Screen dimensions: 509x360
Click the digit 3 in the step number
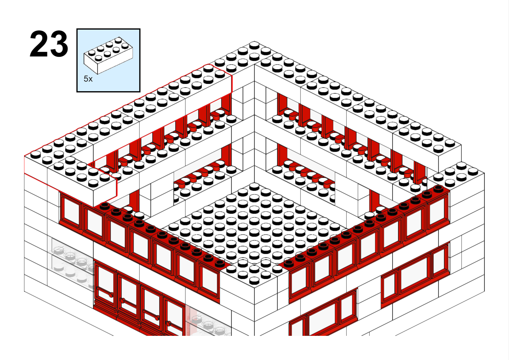(x=58, y=44)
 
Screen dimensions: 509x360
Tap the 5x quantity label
(x=88, y=79)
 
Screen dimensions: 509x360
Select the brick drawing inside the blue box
(x=109, y=55)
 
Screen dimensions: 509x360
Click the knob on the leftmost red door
(x=111, y=295)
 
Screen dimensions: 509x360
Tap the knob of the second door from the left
(x=122, y=301)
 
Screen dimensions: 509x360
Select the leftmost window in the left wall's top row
(x=71, y=211)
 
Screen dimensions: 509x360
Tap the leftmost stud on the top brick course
(x=36, y=155)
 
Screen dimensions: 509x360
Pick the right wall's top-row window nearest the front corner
(x=300, y=281)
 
